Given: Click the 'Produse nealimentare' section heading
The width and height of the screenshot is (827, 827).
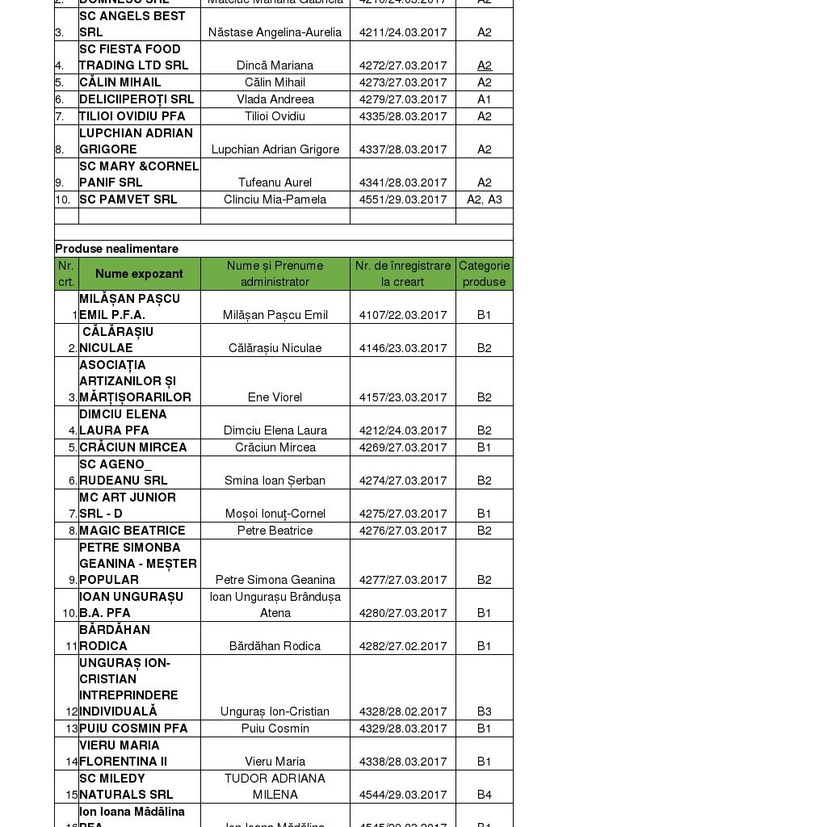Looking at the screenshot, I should point(117,249).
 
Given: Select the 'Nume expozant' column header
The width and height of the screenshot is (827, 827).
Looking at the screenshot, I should point(139,274).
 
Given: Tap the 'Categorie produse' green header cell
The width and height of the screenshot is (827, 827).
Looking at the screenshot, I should point(484,274).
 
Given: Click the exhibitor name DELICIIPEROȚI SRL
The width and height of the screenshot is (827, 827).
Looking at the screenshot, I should point(136,99).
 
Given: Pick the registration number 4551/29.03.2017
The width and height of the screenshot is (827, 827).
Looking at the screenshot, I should point(403,199).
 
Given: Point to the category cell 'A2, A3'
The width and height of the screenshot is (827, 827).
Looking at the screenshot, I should point(484,199).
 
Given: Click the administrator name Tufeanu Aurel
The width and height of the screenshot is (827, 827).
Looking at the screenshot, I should point(275,183).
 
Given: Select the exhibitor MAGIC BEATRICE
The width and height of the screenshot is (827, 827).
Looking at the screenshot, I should point(132,531).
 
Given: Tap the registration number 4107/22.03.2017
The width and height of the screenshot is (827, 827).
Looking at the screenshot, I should point(403,315).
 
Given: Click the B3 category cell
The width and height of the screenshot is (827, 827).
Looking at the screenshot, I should point(484,712).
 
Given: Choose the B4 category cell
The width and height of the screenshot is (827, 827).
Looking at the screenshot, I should point(484,795).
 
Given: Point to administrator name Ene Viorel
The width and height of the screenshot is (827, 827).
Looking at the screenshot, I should point(275,397).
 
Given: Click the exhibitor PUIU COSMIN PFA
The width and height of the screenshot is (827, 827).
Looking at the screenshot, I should point(133,728).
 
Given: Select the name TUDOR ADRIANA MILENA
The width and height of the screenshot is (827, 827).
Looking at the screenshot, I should point(275,787).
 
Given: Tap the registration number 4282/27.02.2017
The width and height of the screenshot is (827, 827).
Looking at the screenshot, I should point(403,646).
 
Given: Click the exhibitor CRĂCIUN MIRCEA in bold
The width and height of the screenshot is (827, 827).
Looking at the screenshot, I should point(133,447).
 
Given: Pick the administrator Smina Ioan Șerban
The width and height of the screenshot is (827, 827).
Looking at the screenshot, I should point(275,481).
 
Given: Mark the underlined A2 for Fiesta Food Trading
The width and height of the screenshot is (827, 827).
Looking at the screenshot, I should point(484,65).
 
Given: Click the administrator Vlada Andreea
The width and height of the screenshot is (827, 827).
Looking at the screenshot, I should point(275,99).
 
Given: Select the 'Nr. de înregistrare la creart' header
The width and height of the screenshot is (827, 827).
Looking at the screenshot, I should point(403,274).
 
